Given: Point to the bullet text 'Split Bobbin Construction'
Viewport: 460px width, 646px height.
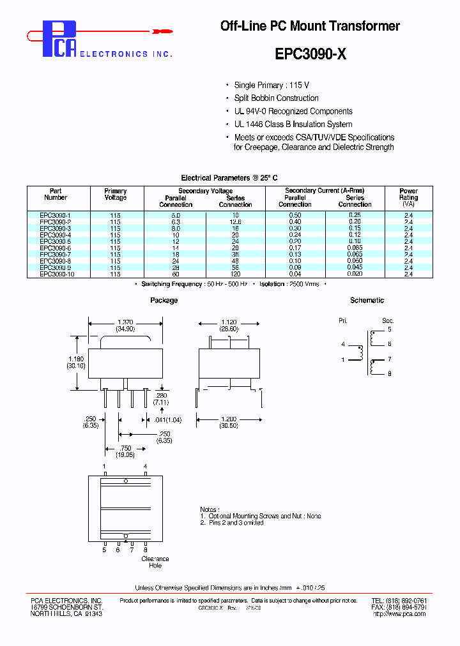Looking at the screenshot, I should point(276,98).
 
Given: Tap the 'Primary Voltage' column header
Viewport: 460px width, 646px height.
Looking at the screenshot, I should point(115,194).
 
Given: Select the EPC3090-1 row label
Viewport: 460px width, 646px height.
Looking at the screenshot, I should point(56,216).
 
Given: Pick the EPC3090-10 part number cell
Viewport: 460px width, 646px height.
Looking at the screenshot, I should point(57,274).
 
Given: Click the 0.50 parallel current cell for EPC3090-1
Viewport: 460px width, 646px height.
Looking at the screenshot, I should point(295,216).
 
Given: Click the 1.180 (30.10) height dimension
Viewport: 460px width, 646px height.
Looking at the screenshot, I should point(77,363).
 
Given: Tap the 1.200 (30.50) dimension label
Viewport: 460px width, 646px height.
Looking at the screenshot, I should point(228,422).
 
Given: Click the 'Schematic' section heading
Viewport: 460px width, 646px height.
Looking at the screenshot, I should point(367,300).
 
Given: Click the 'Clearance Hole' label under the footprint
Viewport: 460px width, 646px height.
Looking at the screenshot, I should point(155,562).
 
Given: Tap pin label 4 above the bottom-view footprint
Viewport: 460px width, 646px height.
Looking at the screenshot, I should point(145,467).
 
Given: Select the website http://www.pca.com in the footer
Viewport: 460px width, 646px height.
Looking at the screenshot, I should point(395,614).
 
